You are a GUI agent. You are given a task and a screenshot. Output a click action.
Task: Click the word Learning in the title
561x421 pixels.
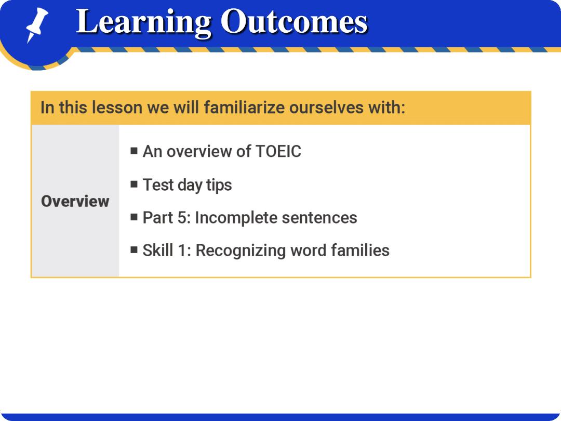click(x=143, y=22)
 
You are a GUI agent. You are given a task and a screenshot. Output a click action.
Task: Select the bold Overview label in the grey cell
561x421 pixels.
click(x=75, y=202)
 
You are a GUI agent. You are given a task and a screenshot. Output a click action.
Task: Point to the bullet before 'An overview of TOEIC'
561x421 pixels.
click(x=134, y=151)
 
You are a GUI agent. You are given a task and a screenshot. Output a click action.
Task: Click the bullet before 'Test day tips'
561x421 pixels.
click(x=134, y=184)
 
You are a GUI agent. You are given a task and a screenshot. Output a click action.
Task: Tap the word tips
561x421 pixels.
click(x=219, y=185)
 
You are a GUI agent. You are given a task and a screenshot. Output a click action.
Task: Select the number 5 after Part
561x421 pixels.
click(x=181, y=218)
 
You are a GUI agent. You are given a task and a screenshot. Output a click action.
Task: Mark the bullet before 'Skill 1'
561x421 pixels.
click(x=134, y=250)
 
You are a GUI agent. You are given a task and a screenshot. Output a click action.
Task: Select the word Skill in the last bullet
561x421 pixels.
click(x=158, y=251)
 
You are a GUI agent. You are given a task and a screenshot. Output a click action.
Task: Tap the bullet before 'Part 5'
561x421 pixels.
click(x=134, y=217)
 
